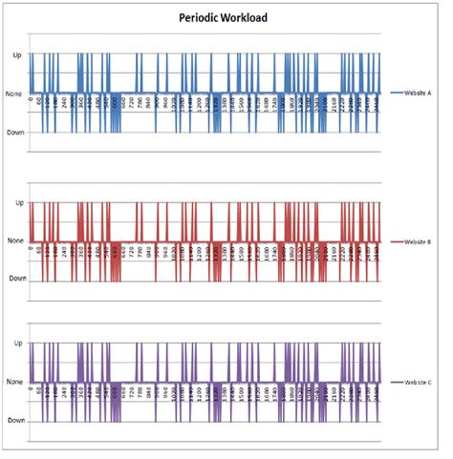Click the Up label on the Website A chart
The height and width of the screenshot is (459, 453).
click(16, 55)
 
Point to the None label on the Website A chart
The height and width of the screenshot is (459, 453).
click(14, 93)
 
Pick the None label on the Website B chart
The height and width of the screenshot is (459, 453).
click(14, 241)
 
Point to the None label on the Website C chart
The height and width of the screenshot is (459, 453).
click(14, 382)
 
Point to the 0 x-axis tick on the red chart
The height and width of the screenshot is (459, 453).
click(32, 250)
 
